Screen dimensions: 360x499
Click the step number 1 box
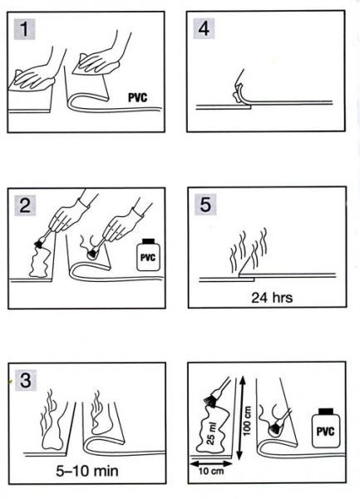pos(24,29)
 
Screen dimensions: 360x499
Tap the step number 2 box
pos(25,205)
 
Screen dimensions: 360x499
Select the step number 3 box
pos(26,380)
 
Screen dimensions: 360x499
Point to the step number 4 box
pos(204,28)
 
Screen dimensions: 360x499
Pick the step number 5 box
pos(205,204)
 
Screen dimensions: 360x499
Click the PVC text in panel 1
pos(138,97)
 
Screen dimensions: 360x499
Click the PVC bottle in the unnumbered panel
pos(326,428)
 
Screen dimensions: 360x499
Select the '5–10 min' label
pos(87,471)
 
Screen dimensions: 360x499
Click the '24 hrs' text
pos(272,298)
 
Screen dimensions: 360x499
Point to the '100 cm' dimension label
pos(247,421)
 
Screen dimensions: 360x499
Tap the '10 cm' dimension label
pos(211,471)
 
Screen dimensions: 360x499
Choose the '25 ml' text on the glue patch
pos(211,433)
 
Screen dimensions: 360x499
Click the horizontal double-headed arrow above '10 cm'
pos(211,463)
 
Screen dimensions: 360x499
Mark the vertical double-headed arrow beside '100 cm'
pos(241,417)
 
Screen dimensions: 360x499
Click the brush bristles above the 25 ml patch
pos(210,402)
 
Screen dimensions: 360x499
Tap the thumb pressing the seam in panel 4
pos(238,92)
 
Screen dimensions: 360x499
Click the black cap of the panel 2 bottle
pos(149,241)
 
